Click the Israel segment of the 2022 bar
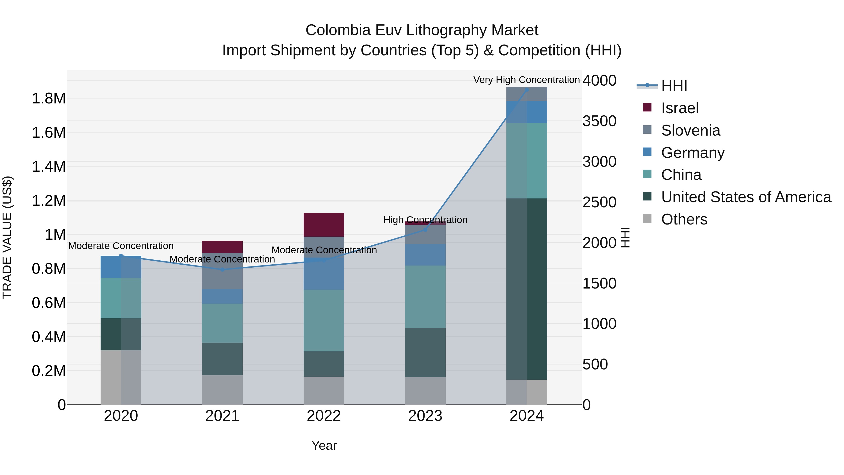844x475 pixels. click(x=324, y=225)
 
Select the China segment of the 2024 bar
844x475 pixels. click(x=527, y=161)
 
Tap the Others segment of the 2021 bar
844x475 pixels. click(x=222, y=390)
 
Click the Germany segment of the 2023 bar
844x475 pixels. click(x=425, y=255)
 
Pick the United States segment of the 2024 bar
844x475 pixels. click(x=527, y=289)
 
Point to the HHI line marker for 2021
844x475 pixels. click(x=222, y=270)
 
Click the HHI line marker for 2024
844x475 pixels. click(x=527, y=90)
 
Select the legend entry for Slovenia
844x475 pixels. click(x=690, y=130)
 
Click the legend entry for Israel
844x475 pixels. click(x=679, y=108)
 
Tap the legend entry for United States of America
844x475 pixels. click(x=746, y=197)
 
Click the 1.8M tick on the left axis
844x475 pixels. click(x=49, y=98)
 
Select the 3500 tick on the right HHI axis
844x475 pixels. click(x=599, y=121)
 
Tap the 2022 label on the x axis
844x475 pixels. click(x=324, y=416)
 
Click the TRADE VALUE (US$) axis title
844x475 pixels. click(x=7, y=237)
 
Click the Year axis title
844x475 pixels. click(x=324, y=445)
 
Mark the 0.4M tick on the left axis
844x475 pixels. click(x=49, y=337)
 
